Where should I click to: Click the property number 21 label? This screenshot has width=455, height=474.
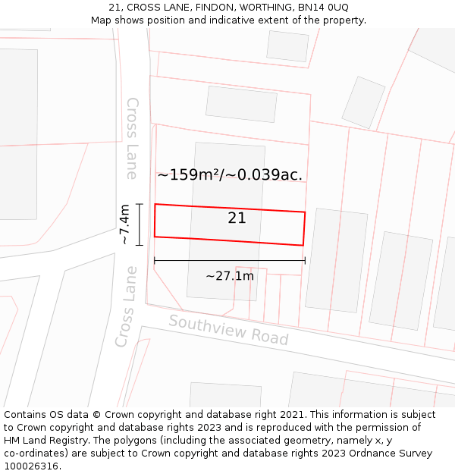(x=237, y=218)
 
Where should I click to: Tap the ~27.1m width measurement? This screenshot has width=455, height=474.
(x=229, y=276)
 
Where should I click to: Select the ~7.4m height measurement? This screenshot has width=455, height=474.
(x=125, y=224)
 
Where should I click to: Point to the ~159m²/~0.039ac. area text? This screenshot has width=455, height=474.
(x=230, y=175)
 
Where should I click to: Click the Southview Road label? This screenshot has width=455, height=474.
(x=228, y=330)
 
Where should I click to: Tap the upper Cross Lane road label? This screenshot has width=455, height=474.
(x=132, y=138)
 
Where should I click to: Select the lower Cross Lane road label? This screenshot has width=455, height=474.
(x=127, y=306)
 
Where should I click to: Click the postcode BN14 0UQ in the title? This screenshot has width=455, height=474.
(x=320, y=8)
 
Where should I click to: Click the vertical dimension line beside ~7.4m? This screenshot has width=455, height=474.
(x=140, y=224)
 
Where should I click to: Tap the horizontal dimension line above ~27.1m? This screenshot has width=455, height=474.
(x=229, y=260)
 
